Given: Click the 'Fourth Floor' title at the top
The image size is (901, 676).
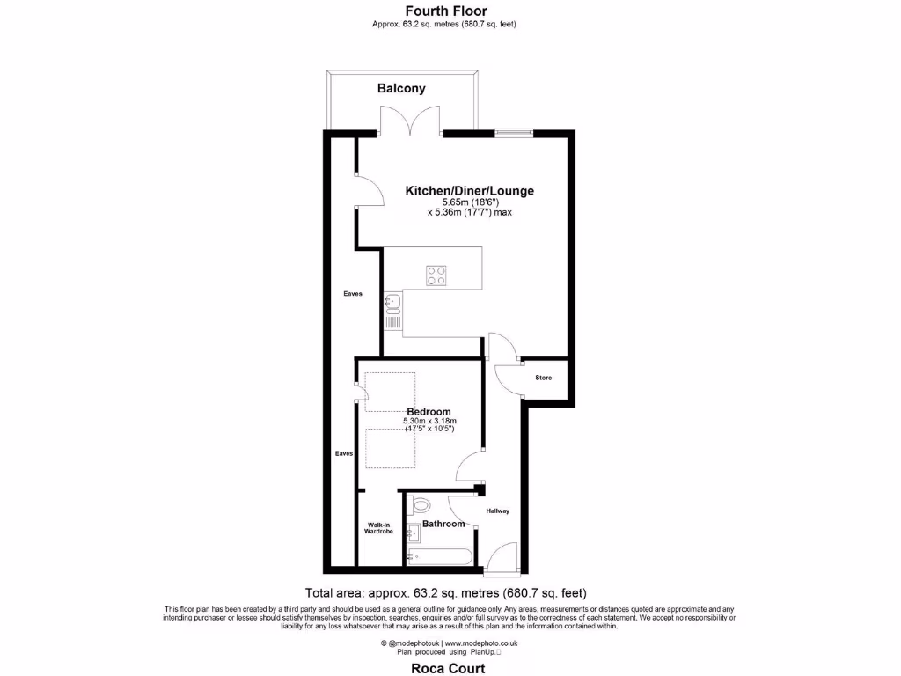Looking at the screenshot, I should coord(445,11).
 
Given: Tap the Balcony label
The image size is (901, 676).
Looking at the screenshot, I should coord(401,88).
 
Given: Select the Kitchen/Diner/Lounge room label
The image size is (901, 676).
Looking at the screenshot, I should coord(469,190).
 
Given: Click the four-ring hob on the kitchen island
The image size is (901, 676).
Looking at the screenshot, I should coord(436,276).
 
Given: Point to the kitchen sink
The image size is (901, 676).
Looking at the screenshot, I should coord(392,304).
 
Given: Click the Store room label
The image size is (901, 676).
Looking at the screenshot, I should coord(544,378).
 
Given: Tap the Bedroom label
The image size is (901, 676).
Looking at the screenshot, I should coord(429,412).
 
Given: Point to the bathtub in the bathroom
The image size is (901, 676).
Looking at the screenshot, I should coord(440,556).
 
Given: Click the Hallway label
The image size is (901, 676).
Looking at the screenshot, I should coord(497,511).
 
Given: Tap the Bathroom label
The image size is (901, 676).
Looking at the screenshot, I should coord(443,524).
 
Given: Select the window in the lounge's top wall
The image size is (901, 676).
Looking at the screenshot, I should coord(513,132).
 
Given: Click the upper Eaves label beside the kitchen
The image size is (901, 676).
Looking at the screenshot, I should coord(352,294).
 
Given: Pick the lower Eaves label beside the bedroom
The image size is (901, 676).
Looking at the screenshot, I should coord(343,453).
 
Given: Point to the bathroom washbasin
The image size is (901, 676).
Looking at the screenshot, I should coord(412,533).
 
